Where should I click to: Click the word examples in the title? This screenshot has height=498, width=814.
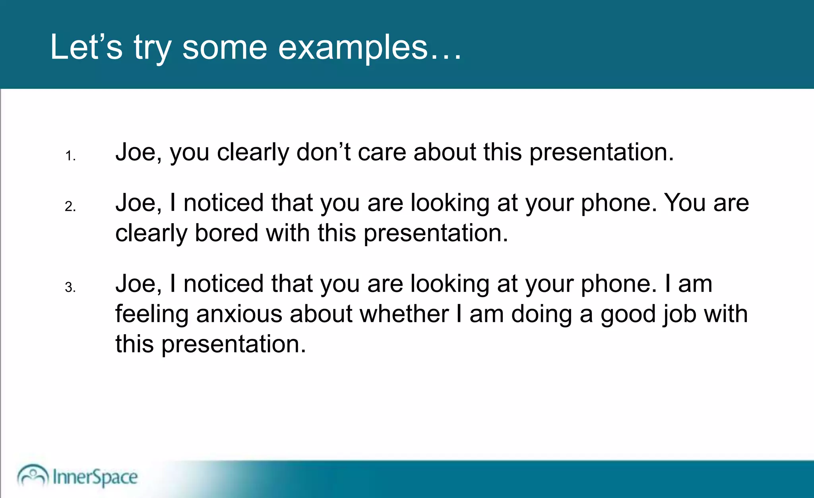pos(353,48)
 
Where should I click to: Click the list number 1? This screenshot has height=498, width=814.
pos(70,156)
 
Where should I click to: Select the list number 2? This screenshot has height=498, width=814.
pos(70,206)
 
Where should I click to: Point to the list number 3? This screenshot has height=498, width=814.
pos(70,287)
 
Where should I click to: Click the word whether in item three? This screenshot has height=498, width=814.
pos(404,314)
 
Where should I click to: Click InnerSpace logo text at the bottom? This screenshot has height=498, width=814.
pos(95,477)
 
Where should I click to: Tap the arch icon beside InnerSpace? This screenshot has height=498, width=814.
pos(33,475)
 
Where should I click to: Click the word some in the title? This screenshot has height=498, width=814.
pos(225,48)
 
